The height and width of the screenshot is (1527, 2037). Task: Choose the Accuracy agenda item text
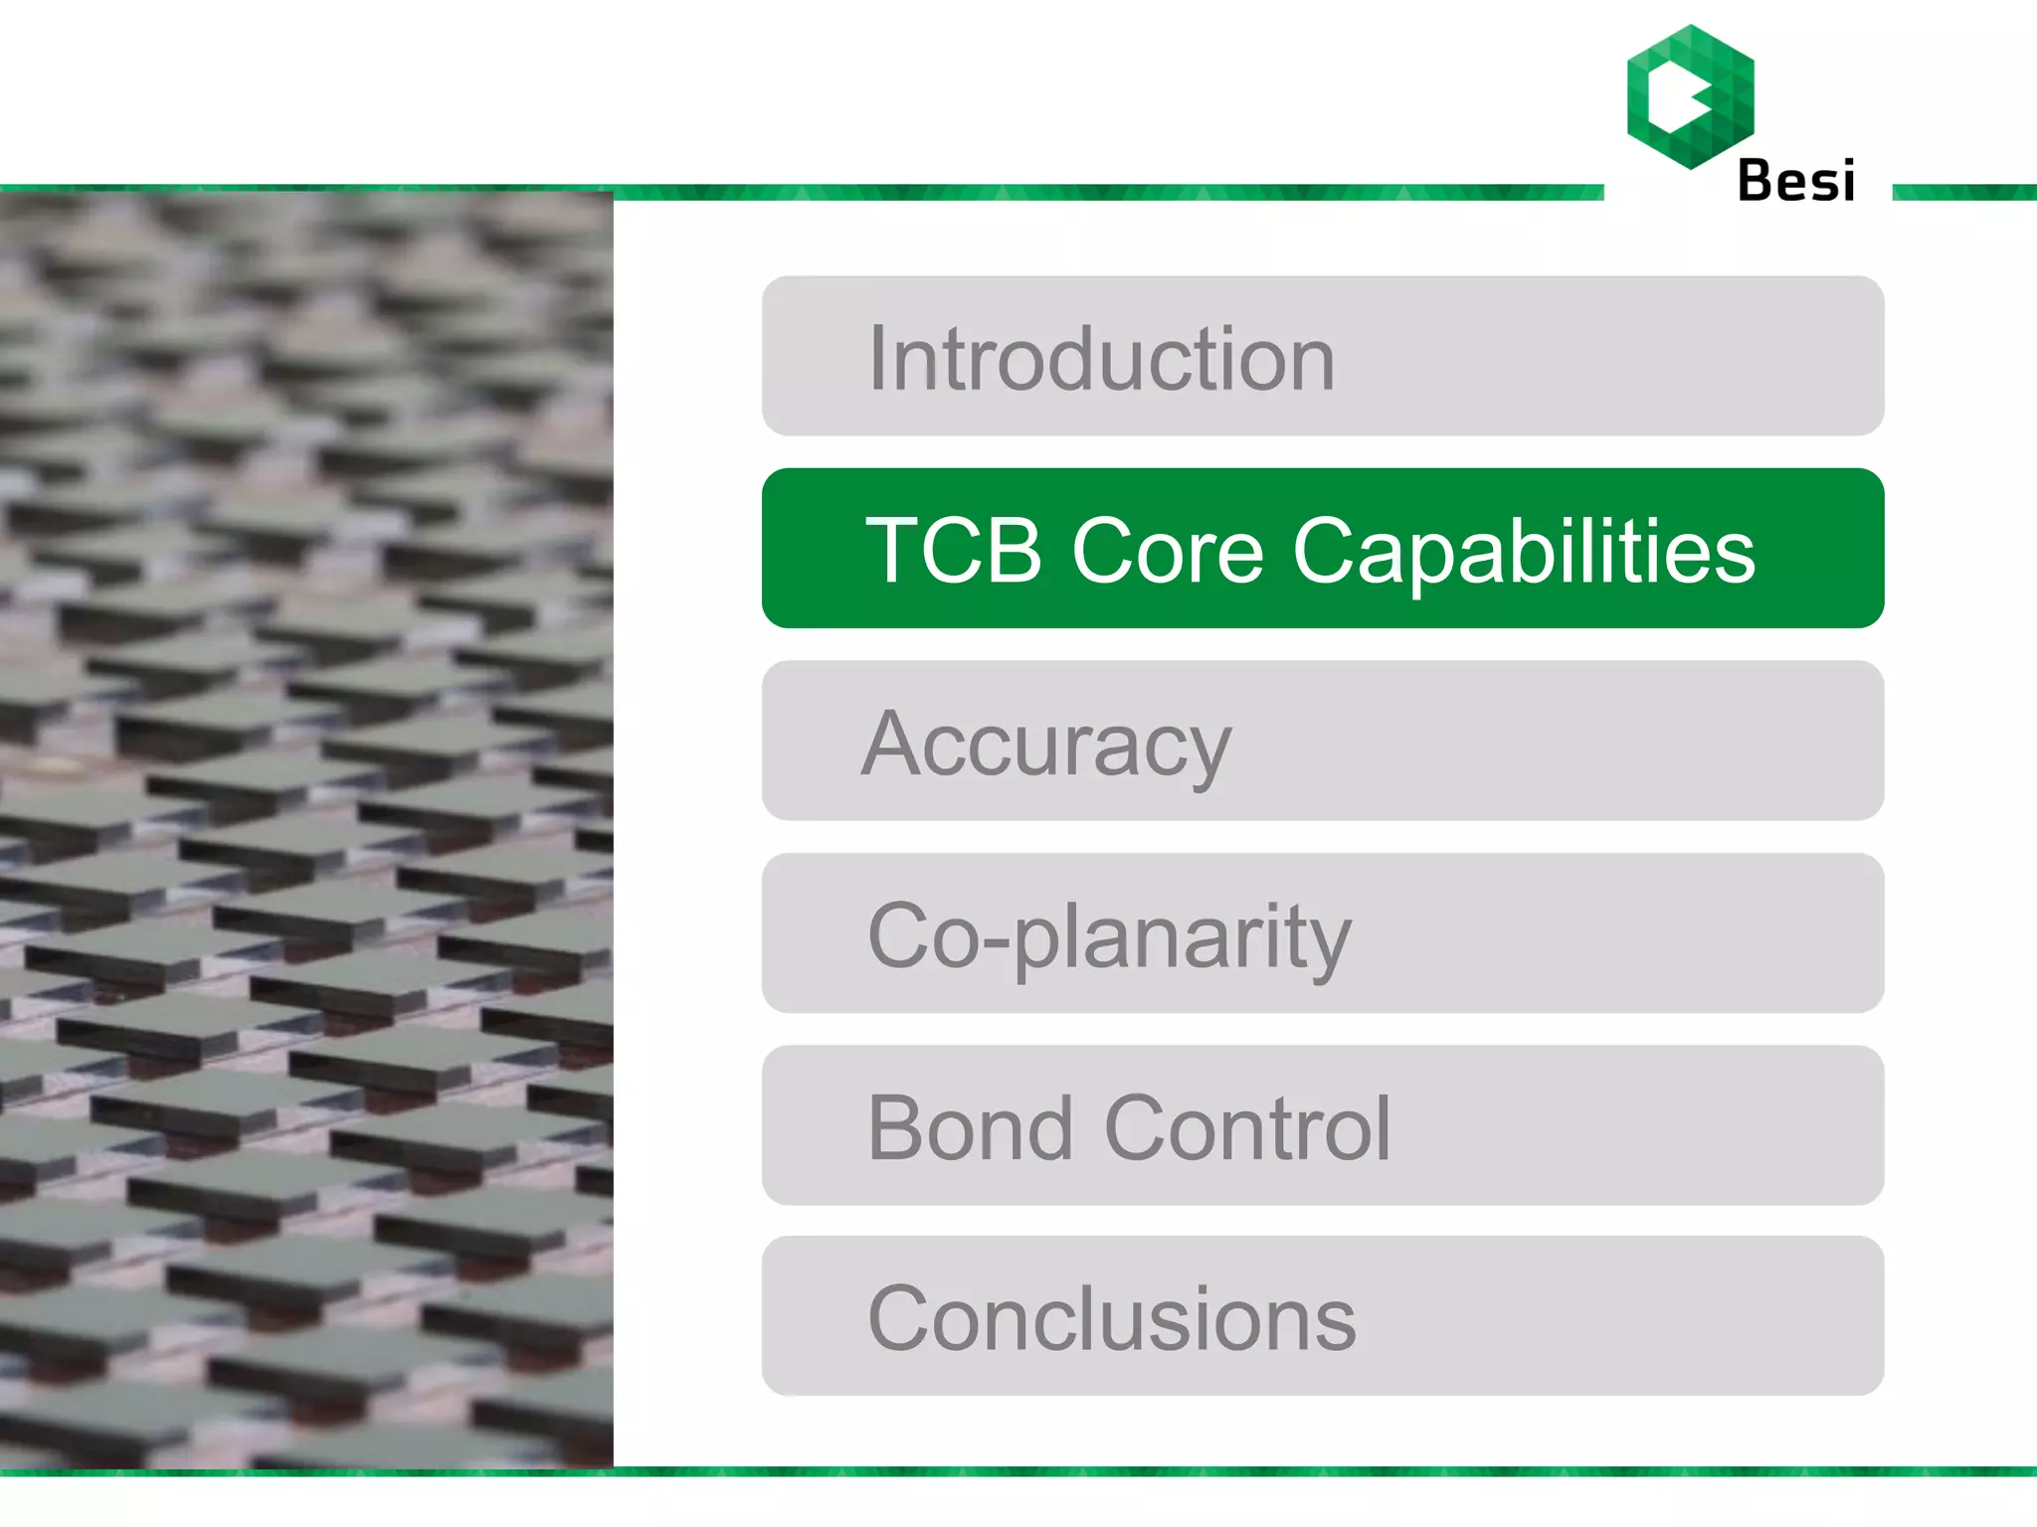[1046, 746]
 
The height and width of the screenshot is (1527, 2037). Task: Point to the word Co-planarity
[1109, 936]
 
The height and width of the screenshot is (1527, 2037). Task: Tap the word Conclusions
[1112, 1319]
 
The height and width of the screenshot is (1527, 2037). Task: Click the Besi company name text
[1795, 181]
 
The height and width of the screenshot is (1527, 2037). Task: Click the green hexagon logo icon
[1690, 96]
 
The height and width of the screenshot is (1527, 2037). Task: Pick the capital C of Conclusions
[900, 1319]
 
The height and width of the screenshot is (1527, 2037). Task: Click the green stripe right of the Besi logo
[1964, 192]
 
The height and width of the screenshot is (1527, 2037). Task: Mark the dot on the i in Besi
[1846, 161]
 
